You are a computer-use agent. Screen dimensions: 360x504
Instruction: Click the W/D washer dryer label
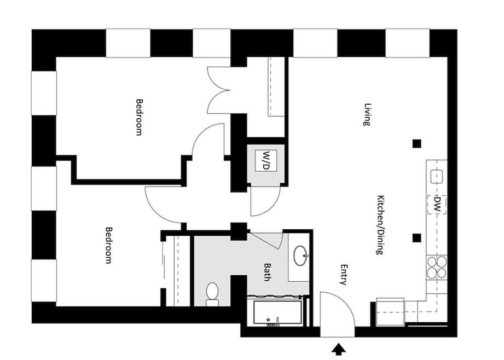point(266,160)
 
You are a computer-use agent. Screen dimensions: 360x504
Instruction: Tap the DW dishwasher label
point(437,205)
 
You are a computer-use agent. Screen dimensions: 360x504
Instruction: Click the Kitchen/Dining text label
point(379,224)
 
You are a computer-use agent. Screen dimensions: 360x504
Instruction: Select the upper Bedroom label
point(139,117)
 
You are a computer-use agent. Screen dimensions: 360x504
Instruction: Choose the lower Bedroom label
point(108,245)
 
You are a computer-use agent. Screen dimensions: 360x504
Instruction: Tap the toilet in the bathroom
point(212,293)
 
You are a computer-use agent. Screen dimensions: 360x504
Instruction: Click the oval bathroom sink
point(300,255)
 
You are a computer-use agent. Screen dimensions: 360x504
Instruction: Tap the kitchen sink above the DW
point(437,176)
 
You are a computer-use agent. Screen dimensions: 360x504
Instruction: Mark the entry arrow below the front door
point(340,348)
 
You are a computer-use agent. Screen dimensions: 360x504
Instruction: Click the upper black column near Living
point(416,144)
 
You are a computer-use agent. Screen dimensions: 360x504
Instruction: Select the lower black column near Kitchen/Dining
point(416,237)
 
